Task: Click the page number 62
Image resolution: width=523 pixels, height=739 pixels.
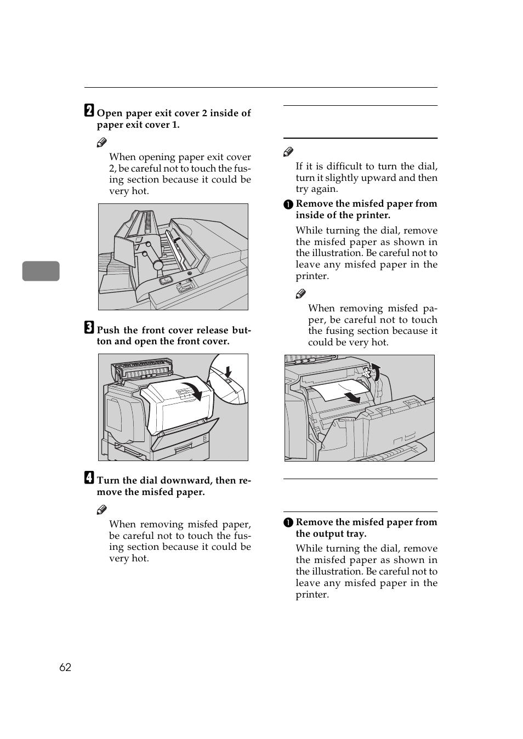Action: tap(65, 667)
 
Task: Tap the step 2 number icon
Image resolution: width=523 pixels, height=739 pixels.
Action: tap(89, 111)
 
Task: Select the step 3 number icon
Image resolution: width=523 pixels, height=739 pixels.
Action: tap(89, 327)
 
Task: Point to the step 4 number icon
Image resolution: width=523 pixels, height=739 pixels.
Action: tap(89, 478)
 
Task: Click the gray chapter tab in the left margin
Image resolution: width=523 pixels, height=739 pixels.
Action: tap(41, 271)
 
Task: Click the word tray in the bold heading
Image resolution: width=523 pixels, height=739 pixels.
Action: tap(355, 534)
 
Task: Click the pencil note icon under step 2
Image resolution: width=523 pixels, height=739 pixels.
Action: tap(102, 143)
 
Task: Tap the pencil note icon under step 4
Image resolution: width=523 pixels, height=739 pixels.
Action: tap(102, 510)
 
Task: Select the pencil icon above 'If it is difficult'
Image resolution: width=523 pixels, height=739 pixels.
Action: tap(288, 152)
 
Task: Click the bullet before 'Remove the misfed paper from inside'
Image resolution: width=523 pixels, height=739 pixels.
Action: tap(288, 204)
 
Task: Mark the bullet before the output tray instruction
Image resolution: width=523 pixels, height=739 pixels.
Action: tap(288, 523)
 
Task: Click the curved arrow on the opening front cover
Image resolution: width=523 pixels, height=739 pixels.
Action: tap(192, 390)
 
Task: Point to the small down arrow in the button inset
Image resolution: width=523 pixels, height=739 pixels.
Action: tap(229, 371)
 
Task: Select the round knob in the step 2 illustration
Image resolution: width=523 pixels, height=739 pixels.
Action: tap(158, 265)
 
